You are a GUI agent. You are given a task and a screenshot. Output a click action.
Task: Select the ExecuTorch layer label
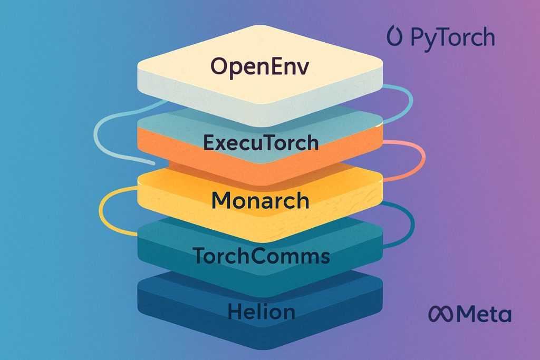coord(261,142)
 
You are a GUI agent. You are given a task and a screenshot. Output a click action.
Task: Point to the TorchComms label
coord(261,256)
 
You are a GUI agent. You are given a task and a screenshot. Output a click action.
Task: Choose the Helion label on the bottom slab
coord(261,311)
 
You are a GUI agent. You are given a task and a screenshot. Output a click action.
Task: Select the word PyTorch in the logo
coord(452,38)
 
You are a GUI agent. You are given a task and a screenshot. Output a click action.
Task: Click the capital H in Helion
coord(234,311)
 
